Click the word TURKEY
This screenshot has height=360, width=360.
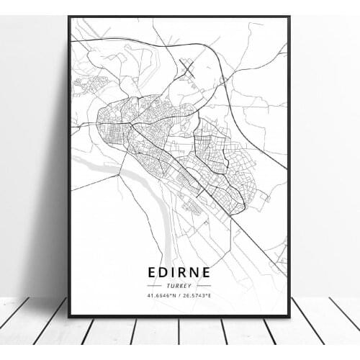coord(180,285)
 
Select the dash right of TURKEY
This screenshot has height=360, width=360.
coord(203,285)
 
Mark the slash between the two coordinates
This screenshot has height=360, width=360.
coord(179,295)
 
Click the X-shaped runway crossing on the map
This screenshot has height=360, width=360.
coord(189,70)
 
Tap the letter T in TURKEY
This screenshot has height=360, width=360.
coord(168,285)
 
